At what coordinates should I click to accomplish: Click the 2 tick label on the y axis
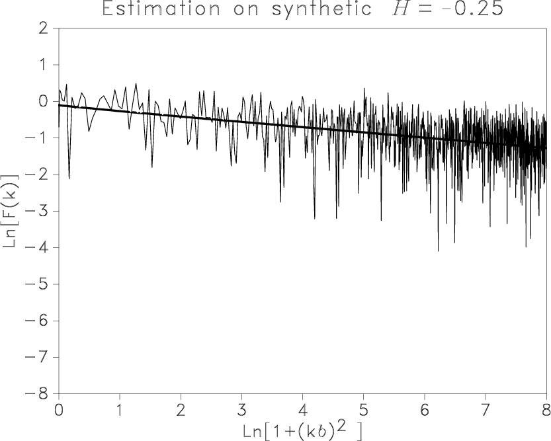[44, 28]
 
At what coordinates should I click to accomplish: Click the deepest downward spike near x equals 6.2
[438, 250]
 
